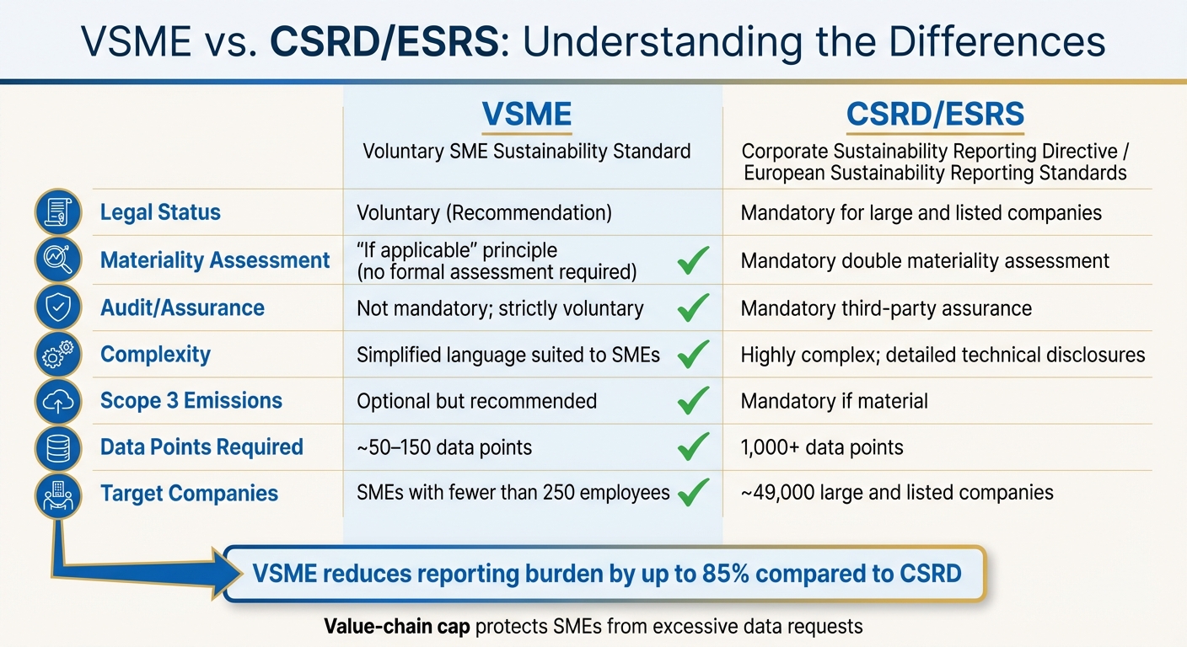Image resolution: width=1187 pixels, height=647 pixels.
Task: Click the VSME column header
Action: tap(526, 115)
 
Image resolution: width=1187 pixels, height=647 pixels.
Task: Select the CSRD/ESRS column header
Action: tap(935, 115)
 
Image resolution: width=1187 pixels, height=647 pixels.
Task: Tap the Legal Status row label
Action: tap(160, 212)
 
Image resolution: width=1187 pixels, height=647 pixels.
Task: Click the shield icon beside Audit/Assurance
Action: tap(57, 308)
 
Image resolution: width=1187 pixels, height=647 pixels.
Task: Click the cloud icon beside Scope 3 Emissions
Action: tap(57, 402)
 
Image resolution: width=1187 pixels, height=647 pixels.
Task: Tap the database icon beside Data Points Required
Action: tap(57, 448)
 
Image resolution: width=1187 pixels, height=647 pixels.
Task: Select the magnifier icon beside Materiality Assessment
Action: tap(57, 260)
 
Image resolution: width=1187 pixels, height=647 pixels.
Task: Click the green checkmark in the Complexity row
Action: tap(693, 356)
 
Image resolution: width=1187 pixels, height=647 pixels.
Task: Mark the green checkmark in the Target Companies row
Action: tap(693, 493)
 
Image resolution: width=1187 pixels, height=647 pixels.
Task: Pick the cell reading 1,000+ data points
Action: tap(821, 447)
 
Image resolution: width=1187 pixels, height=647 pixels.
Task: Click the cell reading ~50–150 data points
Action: tap(444, 447)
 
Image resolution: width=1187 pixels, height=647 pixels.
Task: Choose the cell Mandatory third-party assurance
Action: tap(885, 308)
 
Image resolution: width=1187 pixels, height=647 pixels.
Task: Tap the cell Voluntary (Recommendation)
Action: tap(484, 212)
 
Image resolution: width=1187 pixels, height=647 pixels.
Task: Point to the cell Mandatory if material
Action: tap(834, 401)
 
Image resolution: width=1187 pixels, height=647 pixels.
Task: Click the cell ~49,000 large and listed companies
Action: tap(897, 493)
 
